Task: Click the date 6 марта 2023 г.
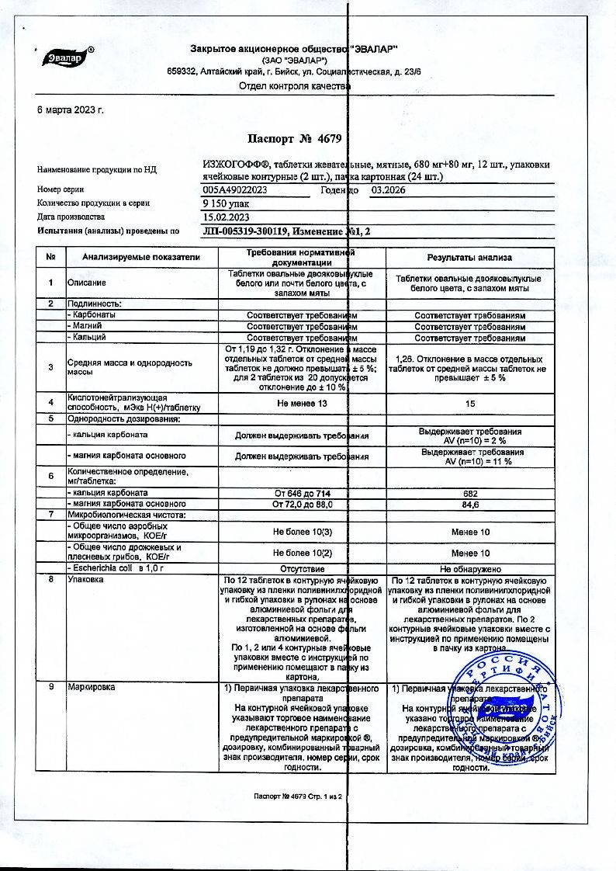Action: (71, 109)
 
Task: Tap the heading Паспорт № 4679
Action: (294, 139)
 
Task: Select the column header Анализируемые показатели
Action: (133, 257)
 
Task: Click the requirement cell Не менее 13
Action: (301, 404)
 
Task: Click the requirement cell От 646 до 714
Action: (301, 494)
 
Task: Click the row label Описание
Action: (86, 283)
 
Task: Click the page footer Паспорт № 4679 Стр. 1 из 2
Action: (298, 797)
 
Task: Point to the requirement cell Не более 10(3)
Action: (301, 532)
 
